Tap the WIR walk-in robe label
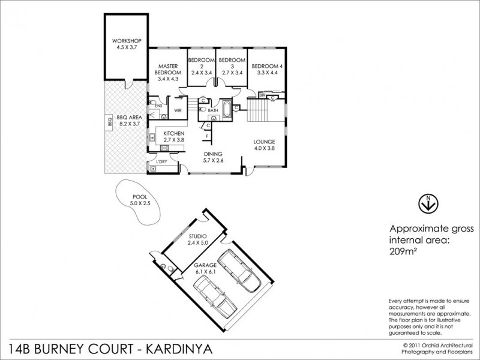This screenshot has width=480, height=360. point(178,111)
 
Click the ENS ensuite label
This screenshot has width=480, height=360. point(158,106)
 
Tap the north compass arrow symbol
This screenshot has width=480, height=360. point(427,203)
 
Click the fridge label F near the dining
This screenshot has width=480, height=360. point(207,137)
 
